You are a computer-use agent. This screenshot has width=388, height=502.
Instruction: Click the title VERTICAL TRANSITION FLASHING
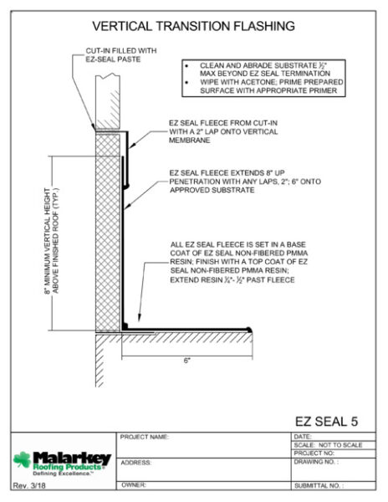pyautogui.click(x=193, y=26)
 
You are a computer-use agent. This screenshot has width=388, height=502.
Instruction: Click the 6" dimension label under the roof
pyautogui.click(x=187, y=361)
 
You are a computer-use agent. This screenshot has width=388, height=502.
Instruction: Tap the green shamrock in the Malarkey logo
pyautogui.click(x=22, y=459)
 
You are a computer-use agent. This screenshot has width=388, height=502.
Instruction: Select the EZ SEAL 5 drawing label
pyautogui.click(x=326, y=422)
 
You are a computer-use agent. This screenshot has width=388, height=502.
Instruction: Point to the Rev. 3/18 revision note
pyautogui.click(x=29, y=485)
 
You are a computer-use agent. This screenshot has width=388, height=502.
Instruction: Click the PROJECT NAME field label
pyautogui.click(x=145, y=437)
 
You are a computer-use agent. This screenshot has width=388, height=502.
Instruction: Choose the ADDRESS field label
pyautogui.click(x=136, y=463)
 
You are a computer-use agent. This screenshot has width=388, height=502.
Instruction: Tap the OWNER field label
pyautogui.click(x=134, y=485)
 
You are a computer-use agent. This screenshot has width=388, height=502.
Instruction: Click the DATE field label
pyautogui.click(x=302, y=437)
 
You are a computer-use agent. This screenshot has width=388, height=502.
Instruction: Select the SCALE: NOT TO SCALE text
pyautogui.click(x=328, y=445)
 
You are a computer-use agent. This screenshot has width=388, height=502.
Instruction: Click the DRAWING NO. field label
pyautogui.click(x=316, y=462)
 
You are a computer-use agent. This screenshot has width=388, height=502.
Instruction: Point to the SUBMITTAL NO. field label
pyautogui.click(x=319, y=485)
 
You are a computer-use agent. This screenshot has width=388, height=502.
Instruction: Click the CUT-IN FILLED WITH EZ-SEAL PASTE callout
pyautogui.click(x=121, y=54)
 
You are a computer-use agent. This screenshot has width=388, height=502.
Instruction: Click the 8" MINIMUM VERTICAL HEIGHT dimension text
pyautogui.click(x=52, y=241)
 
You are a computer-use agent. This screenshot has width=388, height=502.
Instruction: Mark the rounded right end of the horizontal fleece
pyautogui.click(x=249, y=330)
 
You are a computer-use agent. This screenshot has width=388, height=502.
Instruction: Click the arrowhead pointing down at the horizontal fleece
pyautogui.click(x=139, y=317)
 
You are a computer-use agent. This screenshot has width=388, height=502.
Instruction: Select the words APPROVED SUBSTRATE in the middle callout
pyautogui.click(x=212, y=190)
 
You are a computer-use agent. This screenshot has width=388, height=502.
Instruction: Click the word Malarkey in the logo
pyautogui.click(x=72, y=458)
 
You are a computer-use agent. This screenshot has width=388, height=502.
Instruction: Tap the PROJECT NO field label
pyautogui.click(x=314, y=453)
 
